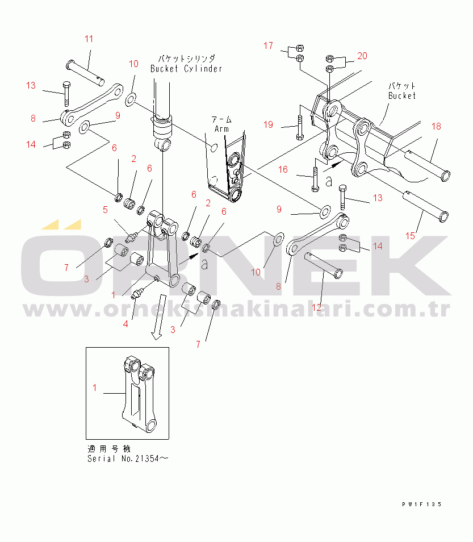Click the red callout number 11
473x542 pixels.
point(89,39)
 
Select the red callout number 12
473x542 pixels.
point(316,307)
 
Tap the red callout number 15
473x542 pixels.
point(410,236)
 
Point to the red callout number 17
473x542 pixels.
point(268,45)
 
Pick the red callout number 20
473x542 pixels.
point(362,56)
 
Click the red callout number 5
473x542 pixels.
point(105,210)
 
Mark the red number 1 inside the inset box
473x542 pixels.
point(95,388)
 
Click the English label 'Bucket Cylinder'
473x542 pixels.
point(186,69)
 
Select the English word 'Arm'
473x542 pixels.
point(221,129)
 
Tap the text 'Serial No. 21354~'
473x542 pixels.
point(128,458)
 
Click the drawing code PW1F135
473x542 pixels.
point(422,505)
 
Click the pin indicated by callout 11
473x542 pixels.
point(85,73)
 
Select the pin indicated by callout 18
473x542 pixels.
point(427,165)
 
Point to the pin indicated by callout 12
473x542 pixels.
point(324,265)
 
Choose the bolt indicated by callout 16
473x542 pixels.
point(315,180)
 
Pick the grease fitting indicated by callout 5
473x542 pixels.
point(132,237)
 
